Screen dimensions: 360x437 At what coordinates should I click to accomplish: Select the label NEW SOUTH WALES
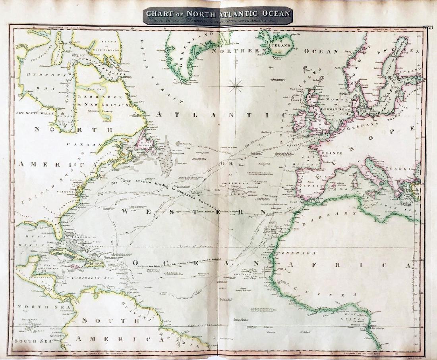point(35,113)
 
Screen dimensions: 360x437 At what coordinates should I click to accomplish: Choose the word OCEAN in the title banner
point(273,13)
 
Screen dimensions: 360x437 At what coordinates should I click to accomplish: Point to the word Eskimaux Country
point(101,112)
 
